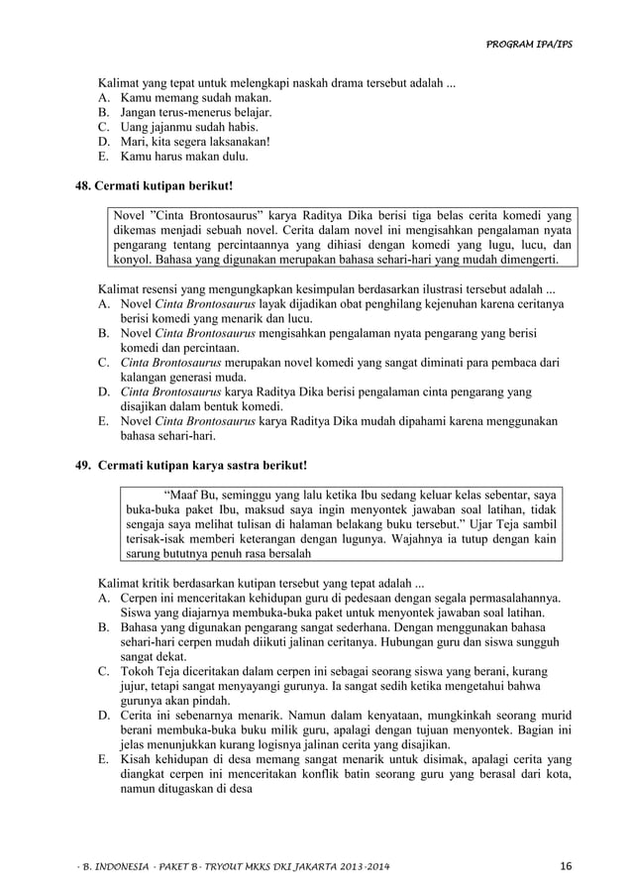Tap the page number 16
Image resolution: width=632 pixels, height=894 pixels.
coord(566,867)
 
